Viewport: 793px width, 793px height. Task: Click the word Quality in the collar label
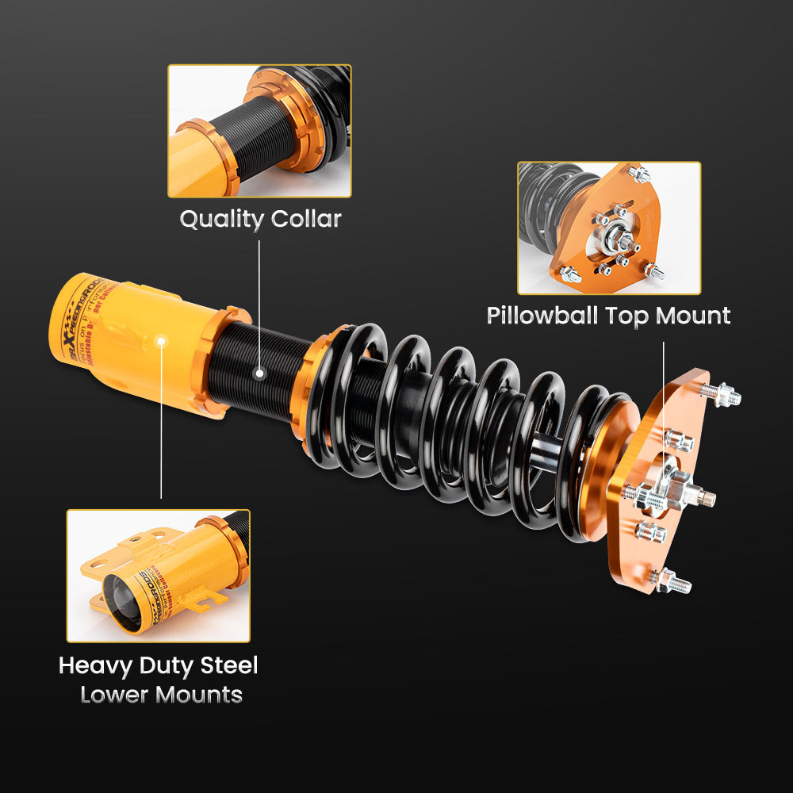pyautogui.click(x=218, y=220)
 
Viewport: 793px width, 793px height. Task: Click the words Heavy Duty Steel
pyautogui.click(x=159, y=665)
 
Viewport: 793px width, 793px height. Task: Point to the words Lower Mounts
pyautogui.click(x=161, y=695)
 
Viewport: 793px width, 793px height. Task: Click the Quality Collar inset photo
pyautogui.click(x=259, y=131)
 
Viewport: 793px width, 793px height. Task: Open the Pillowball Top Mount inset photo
pyautogui.click(x=609, y=228)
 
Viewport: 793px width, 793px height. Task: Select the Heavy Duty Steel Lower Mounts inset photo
pyautogui.click(x=159, y=575)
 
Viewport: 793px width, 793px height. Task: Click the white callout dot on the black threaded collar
pyautogui.click(x=259, y=371)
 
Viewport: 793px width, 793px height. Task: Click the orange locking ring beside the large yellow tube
pyautogui.click(x=210, y=361)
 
